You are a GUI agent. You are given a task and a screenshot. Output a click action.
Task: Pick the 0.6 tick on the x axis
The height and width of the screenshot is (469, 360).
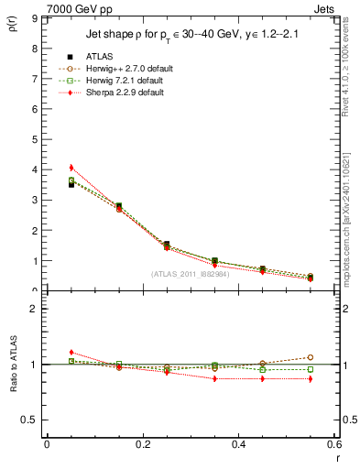click(x=333, y=443)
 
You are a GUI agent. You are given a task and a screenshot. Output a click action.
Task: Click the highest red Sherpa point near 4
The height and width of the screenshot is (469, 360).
click(x=71, y=168)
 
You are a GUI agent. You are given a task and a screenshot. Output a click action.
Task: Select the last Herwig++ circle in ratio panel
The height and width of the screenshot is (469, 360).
click(x=310, y=357)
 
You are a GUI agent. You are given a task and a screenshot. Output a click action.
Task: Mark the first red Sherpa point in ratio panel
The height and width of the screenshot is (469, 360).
click(x=71, y=352)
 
